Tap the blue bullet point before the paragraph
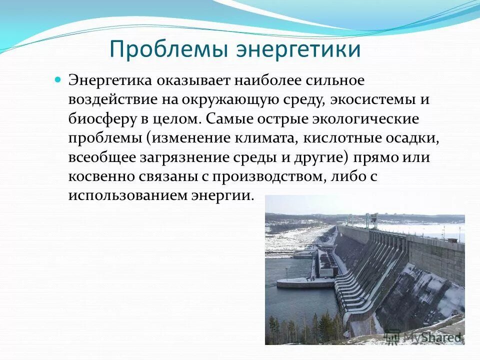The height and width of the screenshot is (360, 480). [57, 79]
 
